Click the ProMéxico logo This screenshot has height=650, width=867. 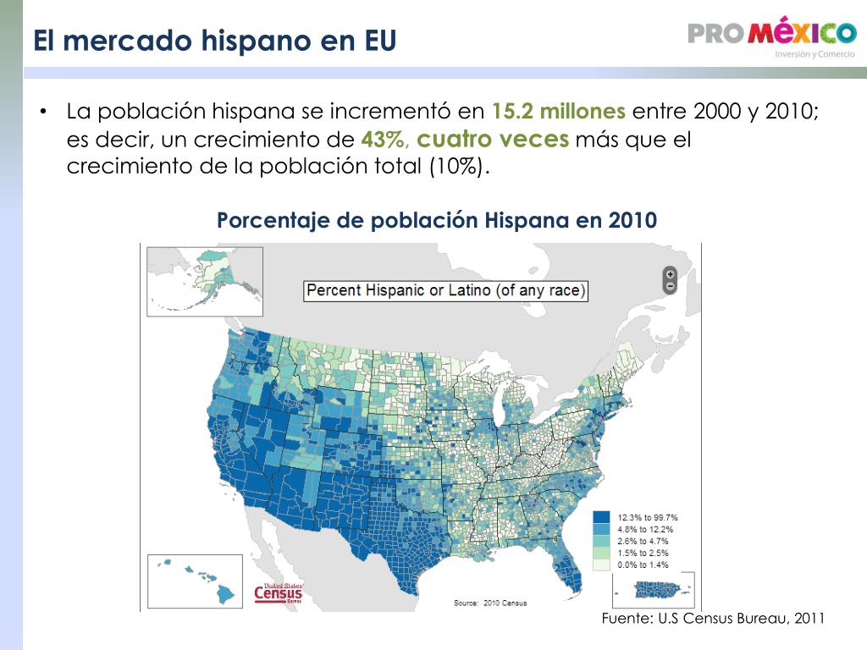772,37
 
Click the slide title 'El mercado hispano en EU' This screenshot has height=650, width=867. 214,41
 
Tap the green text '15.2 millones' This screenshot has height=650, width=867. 559,111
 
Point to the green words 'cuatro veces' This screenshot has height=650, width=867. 493,139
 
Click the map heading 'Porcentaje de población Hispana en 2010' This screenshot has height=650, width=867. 437,220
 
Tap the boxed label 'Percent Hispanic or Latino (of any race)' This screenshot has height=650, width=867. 445,291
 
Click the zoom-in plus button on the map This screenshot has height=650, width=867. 671,274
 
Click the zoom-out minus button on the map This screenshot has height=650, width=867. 671,286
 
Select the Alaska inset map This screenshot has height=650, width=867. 205,281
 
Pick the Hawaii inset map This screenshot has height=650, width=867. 196,581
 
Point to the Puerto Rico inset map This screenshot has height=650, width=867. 654,590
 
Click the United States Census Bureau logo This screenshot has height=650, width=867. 279,593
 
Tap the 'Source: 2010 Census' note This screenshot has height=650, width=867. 490,603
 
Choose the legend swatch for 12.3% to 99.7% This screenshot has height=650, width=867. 602,517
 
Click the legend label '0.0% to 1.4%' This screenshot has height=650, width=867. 643,565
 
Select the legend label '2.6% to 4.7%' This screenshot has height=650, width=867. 643,541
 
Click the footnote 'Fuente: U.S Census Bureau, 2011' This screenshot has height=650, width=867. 713,618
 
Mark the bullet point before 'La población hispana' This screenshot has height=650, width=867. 42,112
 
